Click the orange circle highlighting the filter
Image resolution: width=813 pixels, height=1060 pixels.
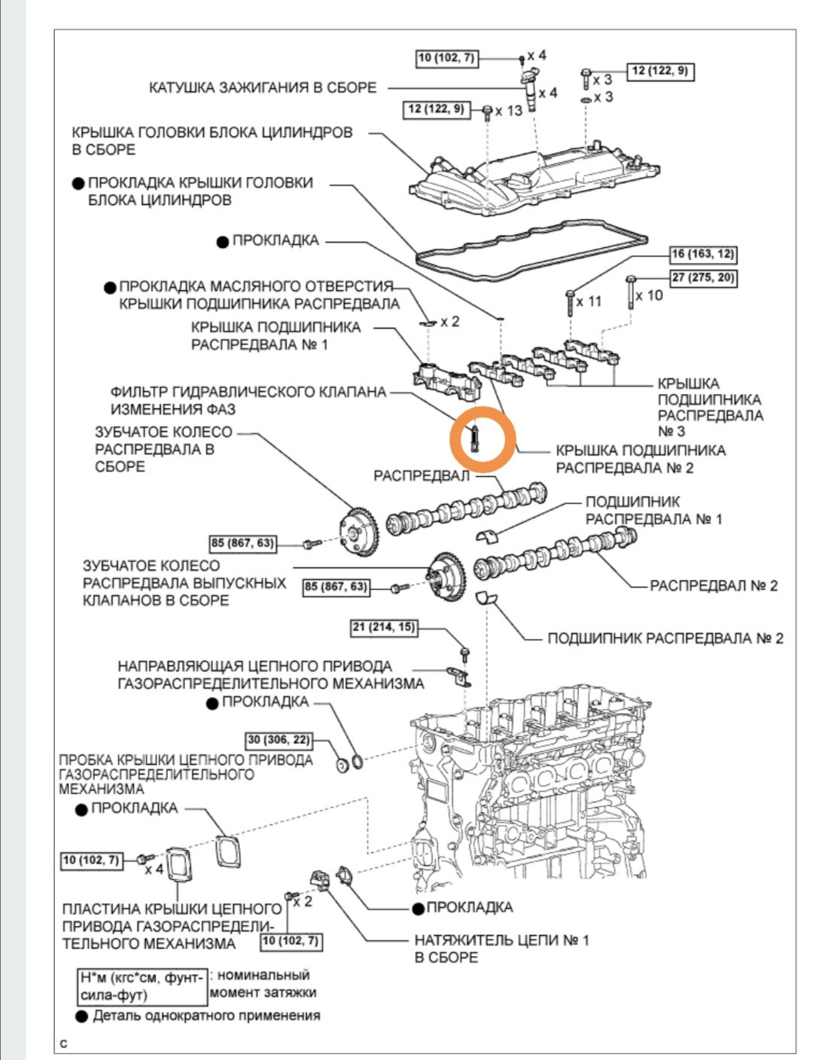(x=483, y=440)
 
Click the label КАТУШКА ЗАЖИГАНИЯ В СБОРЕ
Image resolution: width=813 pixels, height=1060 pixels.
(x=263, y=87)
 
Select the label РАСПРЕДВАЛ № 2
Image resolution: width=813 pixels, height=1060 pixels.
(x=714, y=585)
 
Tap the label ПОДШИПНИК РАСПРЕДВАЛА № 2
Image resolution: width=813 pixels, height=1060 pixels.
(x=665, y=638)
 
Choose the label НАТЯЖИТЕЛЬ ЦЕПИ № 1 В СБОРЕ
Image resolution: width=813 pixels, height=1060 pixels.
(x=501, y=949)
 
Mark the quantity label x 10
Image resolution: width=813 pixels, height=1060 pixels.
(x=649, y=295)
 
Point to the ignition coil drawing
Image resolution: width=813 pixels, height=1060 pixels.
(x=531, y=88)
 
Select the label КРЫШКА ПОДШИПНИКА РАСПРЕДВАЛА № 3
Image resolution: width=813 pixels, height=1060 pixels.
(x=709, y=408)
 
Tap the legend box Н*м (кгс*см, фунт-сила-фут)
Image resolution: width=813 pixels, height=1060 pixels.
(x=142, y=985)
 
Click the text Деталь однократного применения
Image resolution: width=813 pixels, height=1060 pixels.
(x=206, y=1016)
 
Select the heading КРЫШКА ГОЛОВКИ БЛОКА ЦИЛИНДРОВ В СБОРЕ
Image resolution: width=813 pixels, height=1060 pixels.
(x=212, y=141)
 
